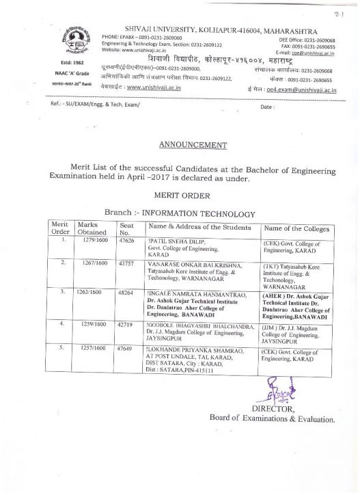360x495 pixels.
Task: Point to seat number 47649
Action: point(128,348)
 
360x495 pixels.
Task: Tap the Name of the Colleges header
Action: point(296,228)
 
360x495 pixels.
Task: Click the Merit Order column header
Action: point(61,228)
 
